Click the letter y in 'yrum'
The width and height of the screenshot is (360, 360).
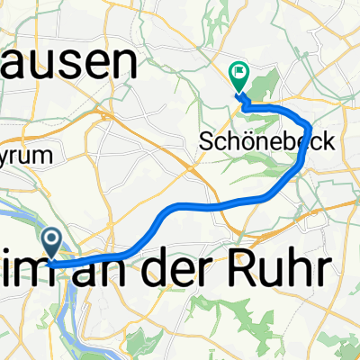pyautogui.click(x=7, y=157)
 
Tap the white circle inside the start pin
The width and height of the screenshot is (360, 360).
pyautogui.click(x=51, y=238)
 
